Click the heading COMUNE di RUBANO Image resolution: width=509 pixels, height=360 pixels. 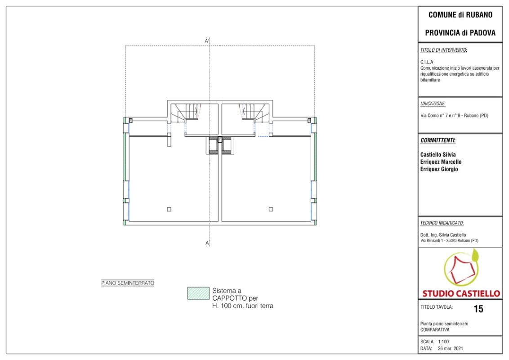(x=460, y=14)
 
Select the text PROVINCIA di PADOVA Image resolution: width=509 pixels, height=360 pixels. (x=460, y=33)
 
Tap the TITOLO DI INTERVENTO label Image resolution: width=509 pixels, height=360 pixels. (x=443, y=50)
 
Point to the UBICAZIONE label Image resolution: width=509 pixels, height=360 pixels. (x=433, y=103)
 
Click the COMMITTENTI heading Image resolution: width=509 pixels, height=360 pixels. (x=438, y=140)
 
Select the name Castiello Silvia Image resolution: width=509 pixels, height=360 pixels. (x=438, y=155)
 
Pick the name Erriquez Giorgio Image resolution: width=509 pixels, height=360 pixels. (x=439, y=169)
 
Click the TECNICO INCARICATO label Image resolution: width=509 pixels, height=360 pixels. (x=442, y=223)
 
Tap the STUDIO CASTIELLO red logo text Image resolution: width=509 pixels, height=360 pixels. (x=461, y=293)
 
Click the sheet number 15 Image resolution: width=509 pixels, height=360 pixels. (x=478, y=309)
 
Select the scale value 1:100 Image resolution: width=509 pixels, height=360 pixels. (x=443, y=342)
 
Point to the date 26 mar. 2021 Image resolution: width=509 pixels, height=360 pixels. (x=450, y=348)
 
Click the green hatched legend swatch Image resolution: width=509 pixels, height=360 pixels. (x=198, y=293)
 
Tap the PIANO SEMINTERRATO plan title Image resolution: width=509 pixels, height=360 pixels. (x=128, y=283)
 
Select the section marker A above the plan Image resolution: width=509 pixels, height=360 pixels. (x=206, y=41)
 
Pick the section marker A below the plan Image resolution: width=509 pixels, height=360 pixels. (x=207, y=243)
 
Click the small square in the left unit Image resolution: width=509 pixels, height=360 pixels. (x=169, y=209)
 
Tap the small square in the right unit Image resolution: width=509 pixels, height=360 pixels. (x=271, y=209)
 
